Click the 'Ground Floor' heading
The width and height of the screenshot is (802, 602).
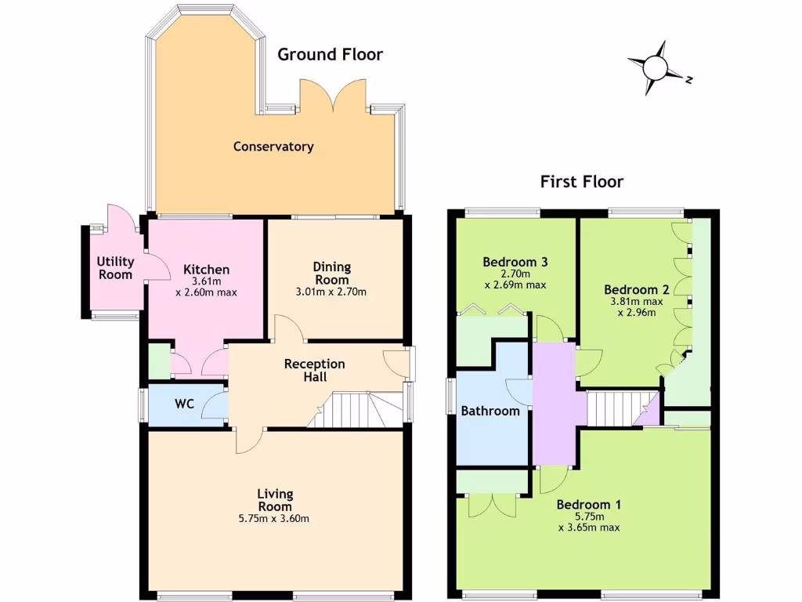click(x=331, y=54)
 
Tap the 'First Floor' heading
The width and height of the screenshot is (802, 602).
click(x=582, y=182)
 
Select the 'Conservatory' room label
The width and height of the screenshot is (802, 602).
click(x=273, y=147)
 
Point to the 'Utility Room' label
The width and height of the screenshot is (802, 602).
click(x=115, y=268)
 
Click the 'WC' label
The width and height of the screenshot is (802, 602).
click(x=184, y=404)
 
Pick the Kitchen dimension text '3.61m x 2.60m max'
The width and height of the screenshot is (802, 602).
click(x=206, y=287)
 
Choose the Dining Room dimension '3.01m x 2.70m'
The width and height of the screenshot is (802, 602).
click(x=333, y=292)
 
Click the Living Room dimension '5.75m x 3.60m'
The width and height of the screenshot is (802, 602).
click(x=275, y=518)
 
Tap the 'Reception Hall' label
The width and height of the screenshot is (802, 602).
click(x=314, y=370)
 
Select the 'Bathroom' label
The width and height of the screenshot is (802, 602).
click(x=490, y=411)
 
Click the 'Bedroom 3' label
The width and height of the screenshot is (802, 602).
click(x=515, y=262)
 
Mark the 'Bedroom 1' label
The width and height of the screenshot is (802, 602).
click(x=588, y=504)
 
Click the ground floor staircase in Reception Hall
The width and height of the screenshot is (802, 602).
click(x=356, y=410)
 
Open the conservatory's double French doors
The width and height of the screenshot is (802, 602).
click(x=333, y=96)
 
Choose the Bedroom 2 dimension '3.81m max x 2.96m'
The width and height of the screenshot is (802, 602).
click(x=636, y=306)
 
